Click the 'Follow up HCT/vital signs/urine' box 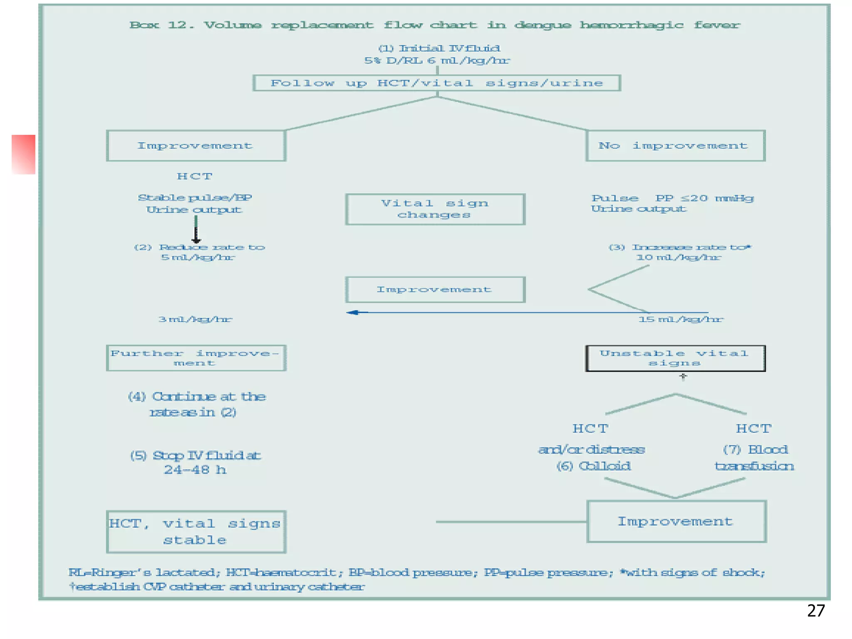[436, 83]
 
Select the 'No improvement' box [675, 146]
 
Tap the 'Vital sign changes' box [435, 209]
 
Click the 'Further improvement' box [196, 358]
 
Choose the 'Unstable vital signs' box [675, 358]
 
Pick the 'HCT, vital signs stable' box [196, 532]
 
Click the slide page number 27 [816, 611]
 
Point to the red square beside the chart [24, 154]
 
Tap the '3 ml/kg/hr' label [195, 319]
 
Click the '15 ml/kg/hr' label [681, 319]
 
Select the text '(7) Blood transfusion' [754, 458]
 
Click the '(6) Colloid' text [594, 466]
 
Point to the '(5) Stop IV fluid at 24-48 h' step [196, 462]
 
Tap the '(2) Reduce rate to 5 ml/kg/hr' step [199, 252]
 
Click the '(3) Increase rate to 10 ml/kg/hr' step [679, 252]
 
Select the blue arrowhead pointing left [353, 312]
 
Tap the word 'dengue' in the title [542, 25]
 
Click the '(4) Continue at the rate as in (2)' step [196, 404]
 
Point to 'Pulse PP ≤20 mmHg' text [672, 198]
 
